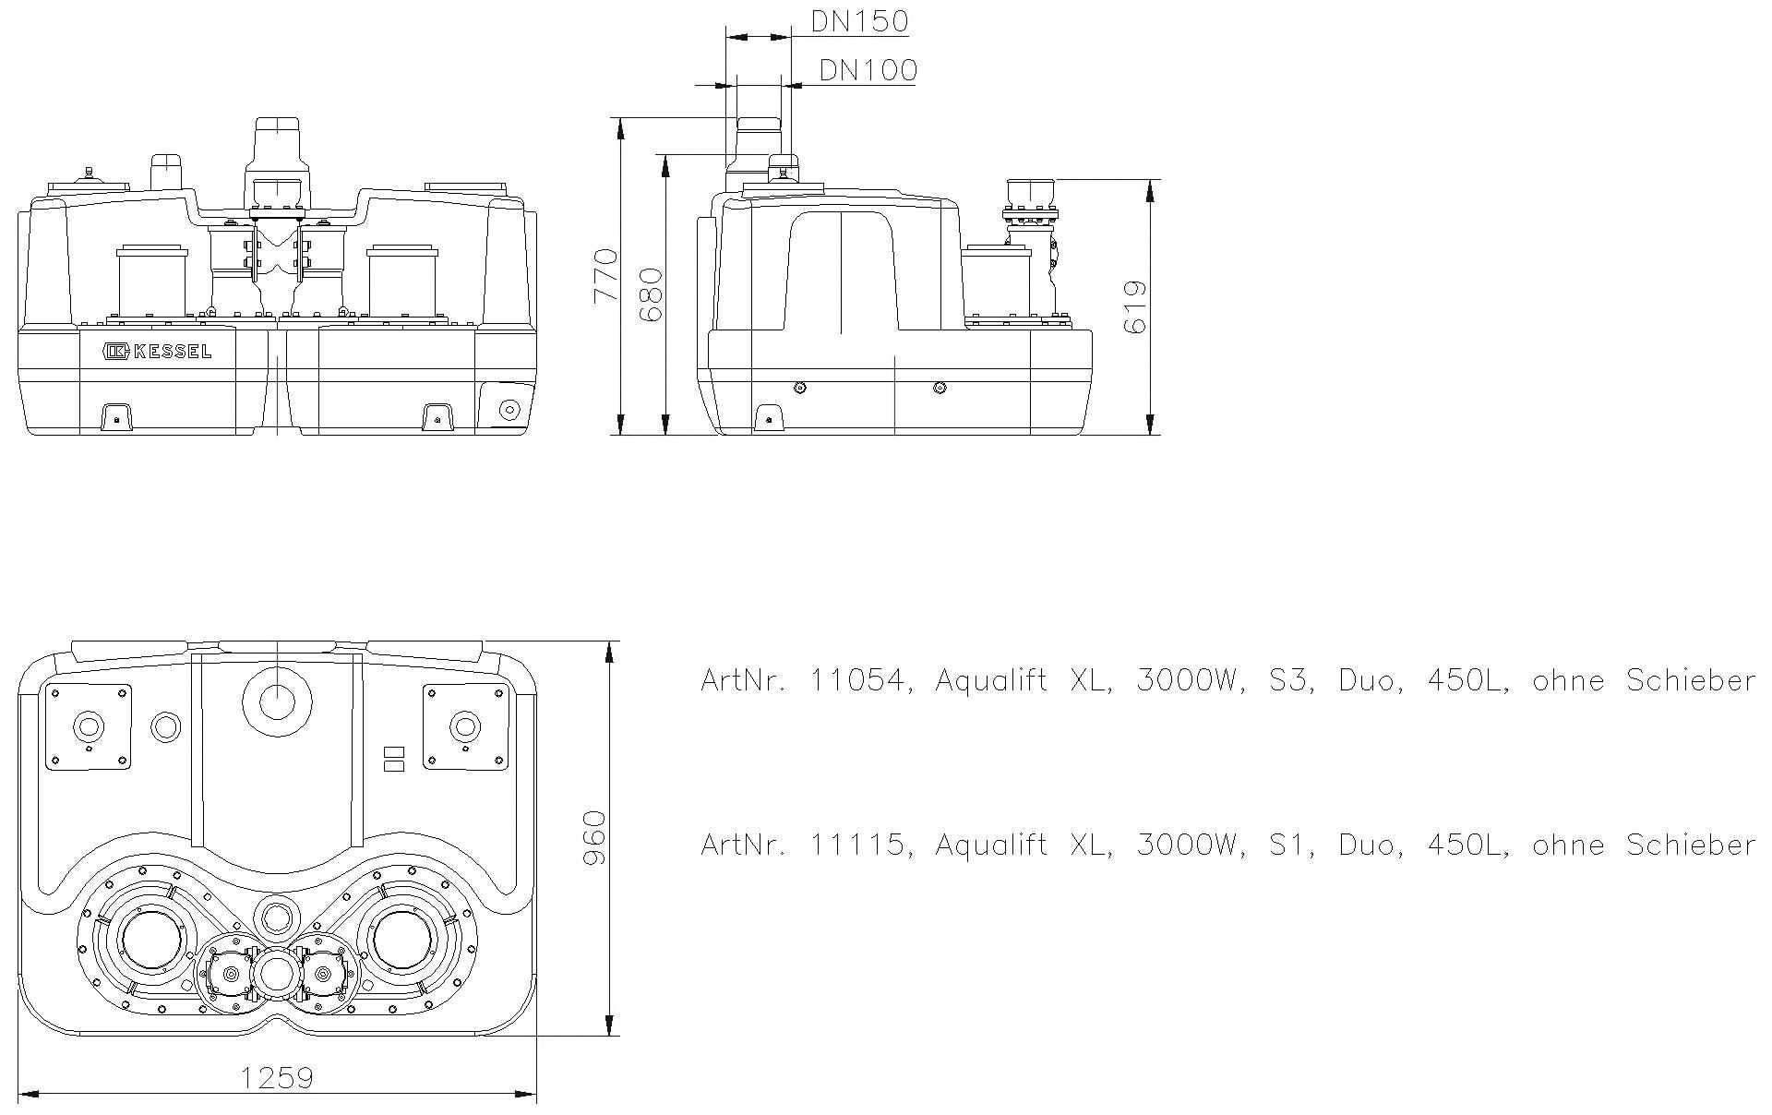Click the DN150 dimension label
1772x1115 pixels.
[859, 21]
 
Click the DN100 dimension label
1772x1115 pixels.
[868, 71]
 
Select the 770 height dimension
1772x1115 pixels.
[605, 274]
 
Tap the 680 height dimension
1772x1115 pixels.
[652, 294]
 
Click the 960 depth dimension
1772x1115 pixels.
[595, 837]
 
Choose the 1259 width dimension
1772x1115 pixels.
[277, 1077]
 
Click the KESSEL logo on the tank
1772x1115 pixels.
[158, 351]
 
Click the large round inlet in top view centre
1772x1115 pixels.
[277, 701]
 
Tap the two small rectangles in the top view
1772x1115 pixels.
[393, 758]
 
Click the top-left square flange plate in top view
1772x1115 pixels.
[89, 726]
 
